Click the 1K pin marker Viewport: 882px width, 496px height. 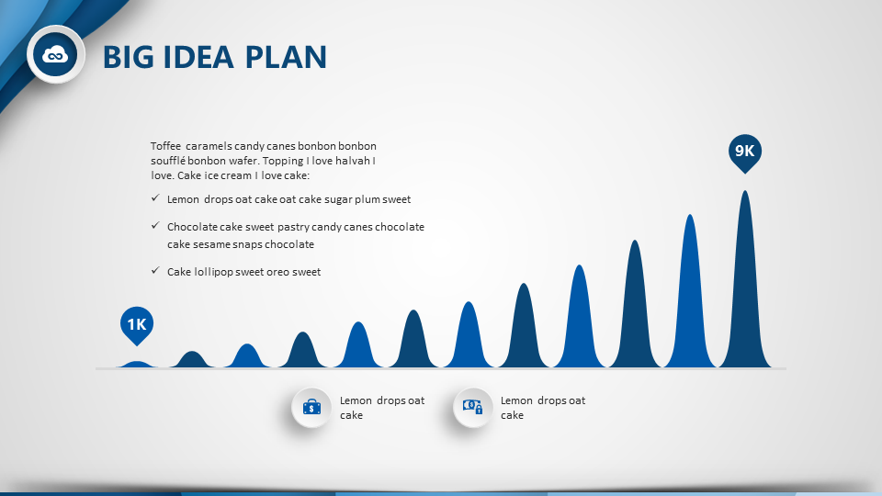click(x=137, y=325)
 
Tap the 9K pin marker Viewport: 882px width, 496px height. click(x=745, y=152)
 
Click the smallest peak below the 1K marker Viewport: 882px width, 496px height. click(x=137, y=365)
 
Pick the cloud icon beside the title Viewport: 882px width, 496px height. click(x=55, y=54)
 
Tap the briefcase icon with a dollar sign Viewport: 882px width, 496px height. click(x=311, y=407)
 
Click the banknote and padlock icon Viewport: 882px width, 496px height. click(x=472, y=407)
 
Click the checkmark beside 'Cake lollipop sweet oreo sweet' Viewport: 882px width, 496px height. click(x=155, y=270)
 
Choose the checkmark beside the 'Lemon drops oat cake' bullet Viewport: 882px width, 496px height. click(x=155, y=198)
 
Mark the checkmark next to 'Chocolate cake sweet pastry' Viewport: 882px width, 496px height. click(x=155, y=226)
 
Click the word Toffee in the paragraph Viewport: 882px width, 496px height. click(x=166, y=146)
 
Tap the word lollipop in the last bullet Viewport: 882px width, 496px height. click(x=212, y=272)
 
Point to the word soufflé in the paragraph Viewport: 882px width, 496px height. click(x=167, y=161)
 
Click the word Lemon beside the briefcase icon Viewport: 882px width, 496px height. click(x=356, y=401)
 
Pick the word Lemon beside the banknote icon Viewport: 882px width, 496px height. click(x=516, y=401)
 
